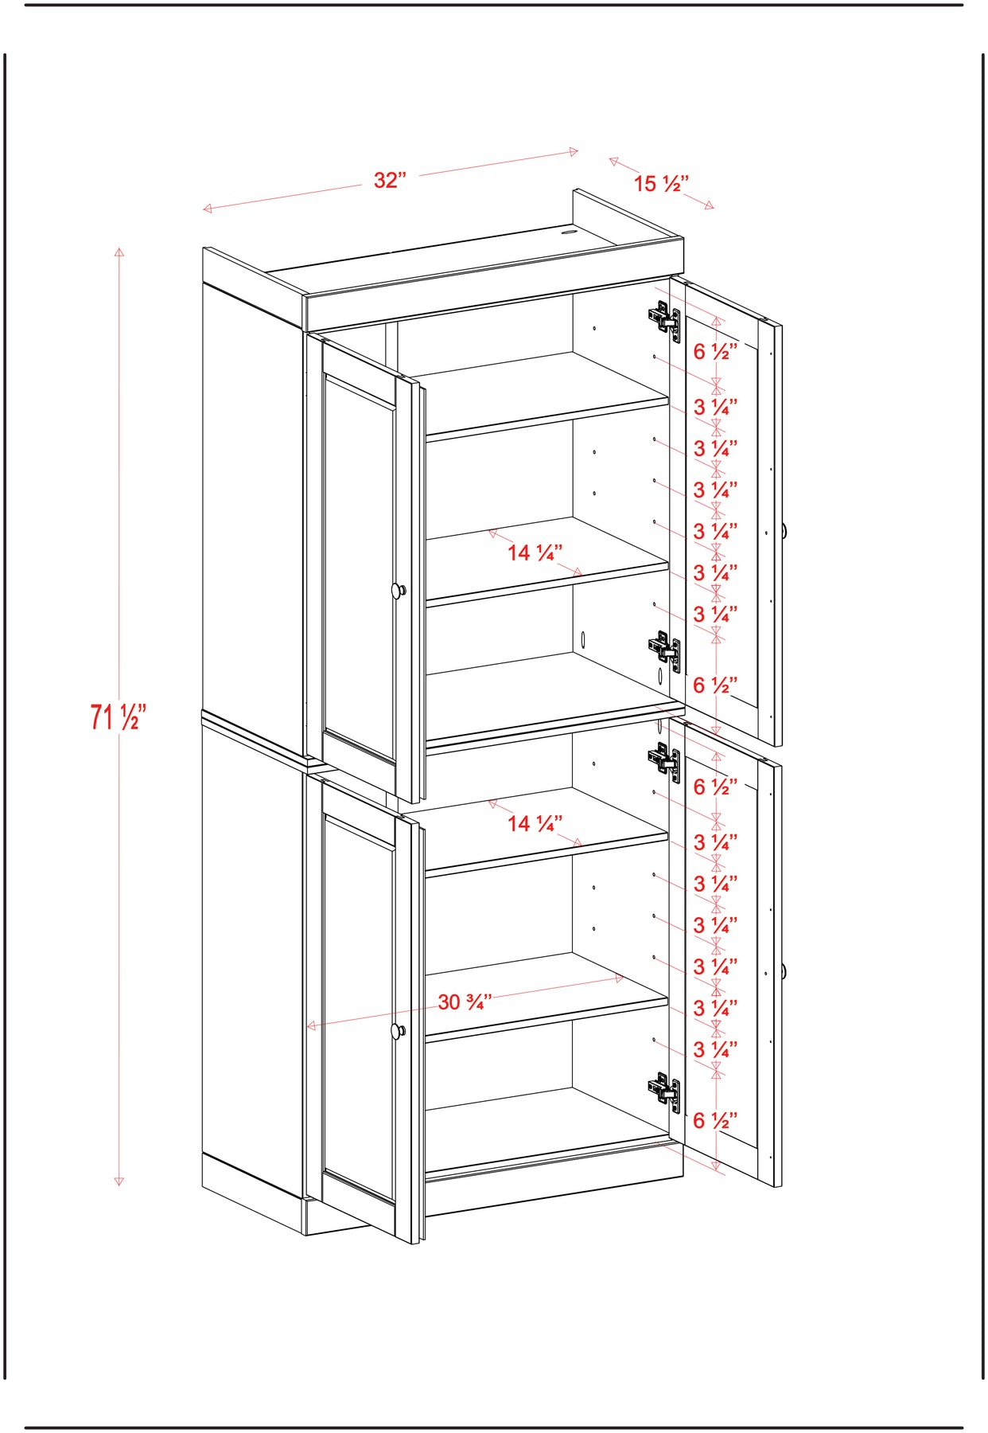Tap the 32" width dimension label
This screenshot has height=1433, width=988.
[x=390, y=181]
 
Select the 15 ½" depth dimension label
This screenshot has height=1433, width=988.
[x=661, y=184]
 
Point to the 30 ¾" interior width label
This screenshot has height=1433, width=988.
[x=465, y=1002]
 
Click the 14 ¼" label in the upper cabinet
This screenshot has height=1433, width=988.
[x=535, y=553]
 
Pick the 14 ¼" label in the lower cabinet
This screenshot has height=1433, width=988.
[x=535, y=823]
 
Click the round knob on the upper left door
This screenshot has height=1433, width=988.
[x=399, y=590]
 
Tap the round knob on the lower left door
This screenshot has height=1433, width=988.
[x=399, y=1031]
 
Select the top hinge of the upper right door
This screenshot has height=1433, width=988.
[x=664, y=321]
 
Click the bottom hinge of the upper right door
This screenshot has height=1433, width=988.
[x=664, y=652]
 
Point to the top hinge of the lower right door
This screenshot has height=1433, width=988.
[x=664, y=762]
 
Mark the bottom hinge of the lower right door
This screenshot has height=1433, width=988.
[x=664, y=1092]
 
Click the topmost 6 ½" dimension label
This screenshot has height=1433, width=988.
[x=715, y=351]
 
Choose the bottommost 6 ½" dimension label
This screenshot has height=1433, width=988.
[x=715, y=1121]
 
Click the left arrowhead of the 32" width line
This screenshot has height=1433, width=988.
[x=208, y=209]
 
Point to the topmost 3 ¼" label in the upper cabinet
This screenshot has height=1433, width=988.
[x=715, y=408]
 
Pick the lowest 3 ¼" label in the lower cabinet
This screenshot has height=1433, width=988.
[x=715, y=1050]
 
